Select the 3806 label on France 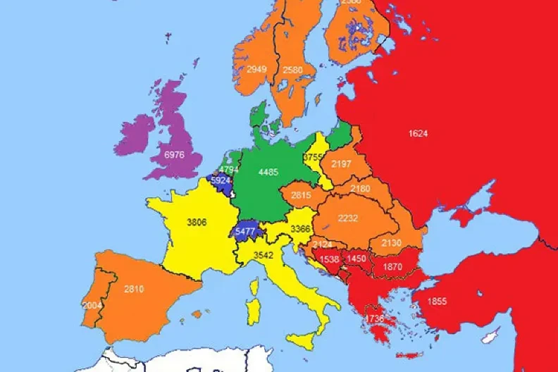click(x=197, y=222)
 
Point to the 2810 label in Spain click(x=134, y=289)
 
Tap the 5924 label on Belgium click(x=221, y=180)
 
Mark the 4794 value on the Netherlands click(x=229, y=170)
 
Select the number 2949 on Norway click(x=256, y=69)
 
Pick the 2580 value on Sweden click(x=292, y=70)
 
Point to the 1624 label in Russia click(x=418, y=133)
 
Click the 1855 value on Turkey click(x=435, y=301)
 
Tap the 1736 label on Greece click(x=375, y=318)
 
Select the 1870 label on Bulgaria click(x=392, y=267)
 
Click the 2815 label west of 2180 click(x=301, y=195)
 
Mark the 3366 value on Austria click(x=301, y=228)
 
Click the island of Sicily click(x=304, y=340)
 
